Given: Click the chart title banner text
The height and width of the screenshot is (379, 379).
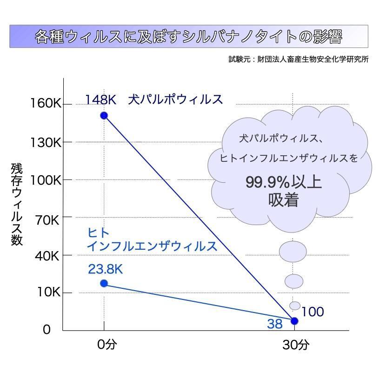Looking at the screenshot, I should [189, 37].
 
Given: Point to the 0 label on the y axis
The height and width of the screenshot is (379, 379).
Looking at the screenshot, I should [47, 330].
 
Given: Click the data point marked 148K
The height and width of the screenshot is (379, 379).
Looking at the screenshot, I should [104, 115].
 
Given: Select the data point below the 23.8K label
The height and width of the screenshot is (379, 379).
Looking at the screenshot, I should [104, 283].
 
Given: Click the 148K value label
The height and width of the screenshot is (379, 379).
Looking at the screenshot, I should [100, 100].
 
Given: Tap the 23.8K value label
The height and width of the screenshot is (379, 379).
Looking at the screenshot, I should [105, 269].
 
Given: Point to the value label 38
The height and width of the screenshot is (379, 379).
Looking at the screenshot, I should [275, 324].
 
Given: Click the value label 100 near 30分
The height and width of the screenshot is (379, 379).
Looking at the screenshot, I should [313, 312].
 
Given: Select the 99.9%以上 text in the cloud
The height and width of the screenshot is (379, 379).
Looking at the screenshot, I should [284, 182].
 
